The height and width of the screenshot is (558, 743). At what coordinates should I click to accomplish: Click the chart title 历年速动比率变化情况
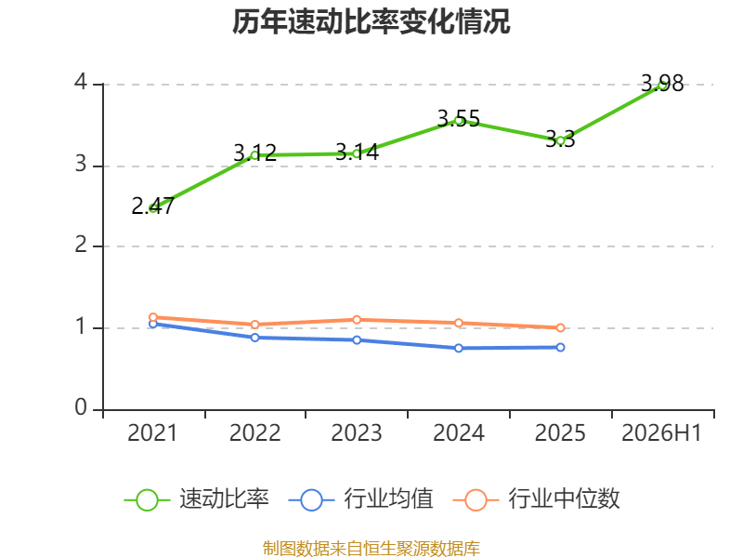click(x=371, y=22)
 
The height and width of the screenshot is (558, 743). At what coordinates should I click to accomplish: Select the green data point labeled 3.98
click(x=662, y=86)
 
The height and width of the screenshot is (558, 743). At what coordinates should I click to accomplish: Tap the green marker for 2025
click(x=560, y=140)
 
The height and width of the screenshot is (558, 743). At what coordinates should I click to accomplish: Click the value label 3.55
click(x=458, y=119)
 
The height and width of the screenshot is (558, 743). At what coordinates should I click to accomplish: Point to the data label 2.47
click(x=152, y=206)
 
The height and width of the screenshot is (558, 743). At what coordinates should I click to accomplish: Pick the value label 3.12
click(x=254, y=153)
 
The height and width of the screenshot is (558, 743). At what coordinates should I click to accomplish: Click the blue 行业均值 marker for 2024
click(x=458, y=348)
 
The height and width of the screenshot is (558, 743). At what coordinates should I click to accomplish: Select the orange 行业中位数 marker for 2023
click(x=357, y=320)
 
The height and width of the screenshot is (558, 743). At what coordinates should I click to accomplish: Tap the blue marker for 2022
click(x=254, y=338)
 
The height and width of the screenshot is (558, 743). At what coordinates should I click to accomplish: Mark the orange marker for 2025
click(x=560, y=328)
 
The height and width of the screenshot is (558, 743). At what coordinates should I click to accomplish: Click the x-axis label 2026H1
click(x=661, y=433)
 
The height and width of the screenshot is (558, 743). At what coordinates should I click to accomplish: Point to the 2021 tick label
click(x=152, y=433)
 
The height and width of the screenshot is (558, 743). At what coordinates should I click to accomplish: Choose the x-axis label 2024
click(x=458, y=433)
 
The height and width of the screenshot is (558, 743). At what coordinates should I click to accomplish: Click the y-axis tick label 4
click(x=81, y=82)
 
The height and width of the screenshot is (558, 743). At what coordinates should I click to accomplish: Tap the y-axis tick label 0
click(x=81, y=407)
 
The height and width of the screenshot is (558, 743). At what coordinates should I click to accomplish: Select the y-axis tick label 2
click(x=81, y=245)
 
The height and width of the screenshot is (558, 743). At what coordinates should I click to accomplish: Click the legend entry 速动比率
click(x=196, y=499)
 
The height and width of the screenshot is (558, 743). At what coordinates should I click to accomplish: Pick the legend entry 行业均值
click(x=360, y=499)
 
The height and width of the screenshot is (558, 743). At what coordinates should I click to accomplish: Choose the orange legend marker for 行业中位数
click(x=476, y=500)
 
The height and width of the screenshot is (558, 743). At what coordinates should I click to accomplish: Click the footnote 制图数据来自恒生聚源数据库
click(x=371, y=549)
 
